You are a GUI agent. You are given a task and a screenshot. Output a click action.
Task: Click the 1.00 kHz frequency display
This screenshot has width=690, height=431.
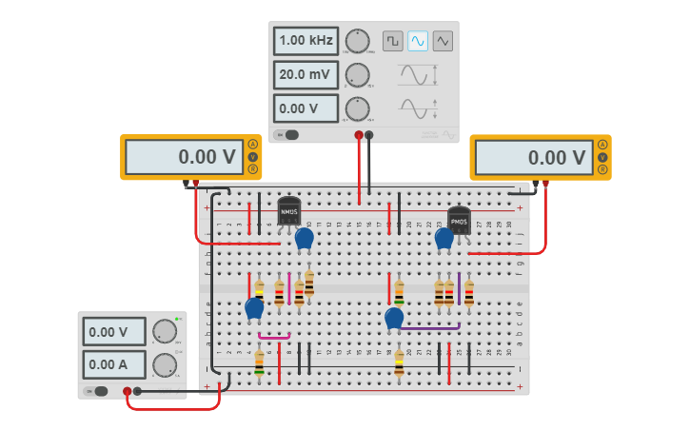pos(306,41)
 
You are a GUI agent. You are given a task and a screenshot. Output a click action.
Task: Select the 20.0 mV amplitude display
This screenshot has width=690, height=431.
pos(306,74)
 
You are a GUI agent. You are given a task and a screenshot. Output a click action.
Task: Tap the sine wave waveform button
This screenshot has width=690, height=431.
pos(417,41)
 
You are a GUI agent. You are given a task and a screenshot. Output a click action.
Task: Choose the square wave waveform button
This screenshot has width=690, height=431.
pos(392,41)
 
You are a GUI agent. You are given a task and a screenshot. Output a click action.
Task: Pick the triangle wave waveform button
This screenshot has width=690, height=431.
pos(443,41)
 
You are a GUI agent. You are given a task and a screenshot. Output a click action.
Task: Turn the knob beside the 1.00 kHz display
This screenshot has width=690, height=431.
pos(357,41)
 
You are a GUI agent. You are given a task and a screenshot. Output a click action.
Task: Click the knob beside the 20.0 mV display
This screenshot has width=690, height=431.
pos(357,74)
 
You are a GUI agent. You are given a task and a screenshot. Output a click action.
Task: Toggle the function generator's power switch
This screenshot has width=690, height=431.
pos(286,134)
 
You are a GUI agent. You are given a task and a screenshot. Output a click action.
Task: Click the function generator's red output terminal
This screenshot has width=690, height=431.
pos(359,135)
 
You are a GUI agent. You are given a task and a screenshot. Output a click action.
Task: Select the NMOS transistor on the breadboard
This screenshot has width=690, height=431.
pos(288,210)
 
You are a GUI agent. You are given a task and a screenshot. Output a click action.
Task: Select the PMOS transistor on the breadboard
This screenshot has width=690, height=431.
pos(459,220)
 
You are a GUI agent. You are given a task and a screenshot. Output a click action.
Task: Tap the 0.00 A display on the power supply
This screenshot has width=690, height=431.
pos(114,363)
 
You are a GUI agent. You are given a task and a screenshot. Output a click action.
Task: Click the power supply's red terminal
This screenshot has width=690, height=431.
pos(127,391)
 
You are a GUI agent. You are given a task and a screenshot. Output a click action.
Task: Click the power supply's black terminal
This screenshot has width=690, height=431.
pos(138,391)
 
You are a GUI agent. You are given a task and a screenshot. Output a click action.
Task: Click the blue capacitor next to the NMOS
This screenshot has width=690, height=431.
pos(304,238)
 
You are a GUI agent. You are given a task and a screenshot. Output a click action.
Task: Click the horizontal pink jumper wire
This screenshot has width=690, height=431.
pos(274,336)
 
